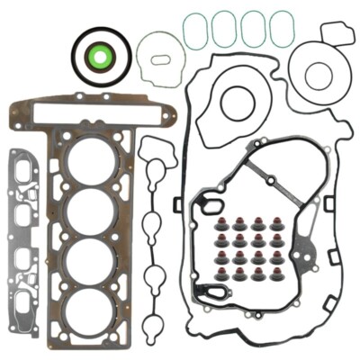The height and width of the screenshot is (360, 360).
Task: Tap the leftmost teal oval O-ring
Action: click(195, 31)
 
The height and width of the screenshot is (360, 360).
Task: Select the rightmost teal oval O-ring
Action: click(283, 29)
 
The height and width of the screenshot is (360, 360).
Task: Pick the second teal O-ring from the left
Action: click(225, 30)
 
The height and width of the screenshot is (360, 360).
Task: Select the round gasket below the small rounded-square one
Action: click(318, 76)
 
